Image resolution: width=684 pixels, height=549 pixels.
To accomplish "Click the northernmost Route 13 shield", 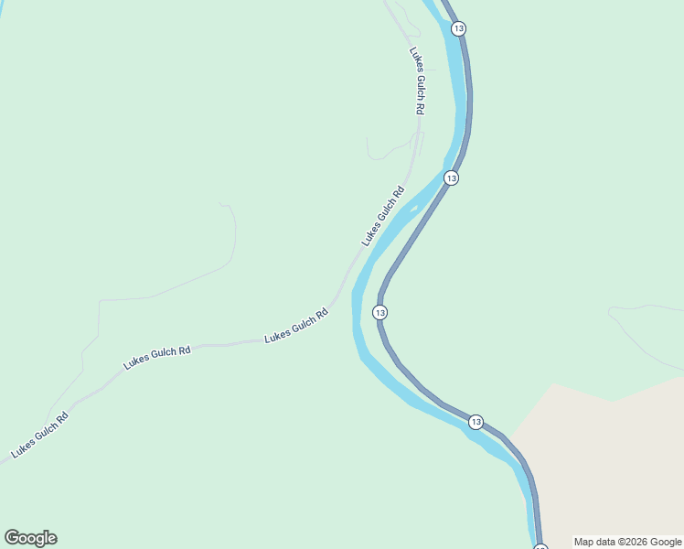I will tap(458, 29).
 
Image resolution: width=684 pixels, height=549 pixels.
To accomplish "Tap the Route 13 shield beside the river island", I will tap(451, 178).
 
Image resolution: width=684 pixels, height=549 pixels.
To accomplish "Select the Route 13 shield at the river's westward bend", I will tap(380, 313).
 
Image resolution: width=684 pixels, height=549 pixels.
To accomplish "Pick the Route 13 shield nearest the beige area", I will tap(476, 422).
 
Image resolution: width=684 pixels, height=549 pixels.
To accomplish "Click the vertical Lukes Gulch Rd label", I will tap(418, 81).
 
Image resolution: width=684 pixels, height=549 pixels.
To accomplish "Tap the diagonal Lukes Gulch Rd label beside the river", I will tap(383, 216).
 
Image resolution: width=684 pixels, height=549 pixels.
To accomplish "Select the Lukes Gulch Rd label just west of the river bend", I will tap(296, 327).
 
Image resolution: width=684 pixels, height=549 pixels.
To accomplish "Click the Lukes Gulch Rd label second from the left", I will tap(157, 357).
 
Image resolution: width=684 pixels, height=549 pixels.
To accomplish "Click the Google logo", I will tap(30, 538).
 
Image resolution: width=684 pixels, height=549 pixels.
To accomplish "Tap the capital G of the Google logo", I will tap(12, 538).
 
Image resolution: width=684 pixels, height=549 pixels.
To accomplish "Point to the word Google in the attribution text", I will tap(667, 542).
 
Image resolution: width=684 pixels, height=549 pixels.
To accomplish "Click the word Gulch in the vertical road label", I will tap(420, 86).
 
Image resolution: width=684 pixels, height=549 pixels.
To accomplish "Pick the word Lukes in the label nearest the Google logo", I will tap(24, 446).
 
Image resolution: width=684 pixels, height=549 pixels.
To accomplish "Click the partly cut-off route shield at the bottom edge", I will tap(540, 547).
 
